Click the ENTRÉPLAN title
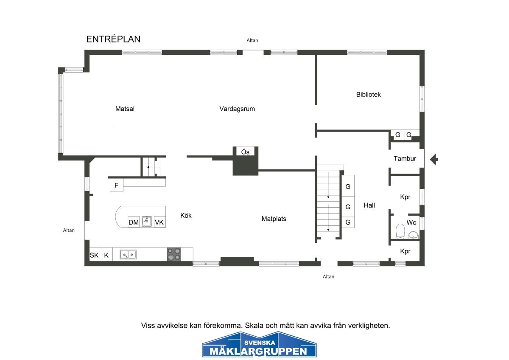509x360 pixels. [113, 39]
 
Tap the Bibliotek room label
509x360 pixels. [368, 94]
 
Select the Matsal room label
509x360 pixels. [125, 109]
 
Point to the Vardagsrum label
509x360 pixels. [237, 109]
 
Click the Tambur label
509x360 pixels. [405, 158]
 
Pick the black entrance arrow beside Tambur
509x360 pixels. [434, 160]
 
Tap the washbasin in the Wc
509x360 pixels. [413, 235]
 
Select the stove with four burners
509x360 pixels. [174, 254]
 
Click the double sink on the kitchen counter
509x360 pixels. [128, 255]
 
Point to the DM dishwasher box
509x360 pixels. [133, 222]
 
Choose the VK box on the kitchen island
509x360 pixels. [159, 222]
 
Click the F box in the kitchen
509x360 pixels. [117, 185]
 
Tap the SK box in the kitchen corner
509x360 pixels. [94, 255]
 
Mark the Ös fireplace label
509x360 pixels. [245, 152]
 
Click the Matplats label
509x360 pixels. [274, 219]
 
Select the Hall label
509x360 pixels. [369, 205]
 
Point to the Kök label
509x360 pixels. [186, 215]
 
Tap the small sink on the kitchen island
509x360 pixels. [147, 221]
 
